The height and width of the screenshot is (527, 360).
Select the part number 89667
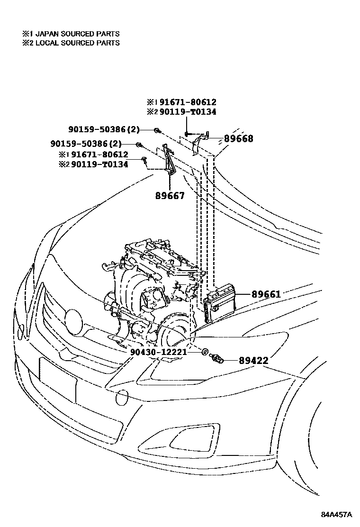click(170, 195)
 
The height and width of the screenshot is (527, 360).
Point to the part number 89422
click(253, 361)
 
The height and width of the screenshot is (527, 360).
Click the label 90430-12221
click(158, 352)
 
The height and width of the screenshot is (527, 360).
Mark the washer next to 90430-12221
click(205, 352)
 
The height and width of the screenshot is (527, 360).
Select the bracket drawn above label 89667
click(168, 161)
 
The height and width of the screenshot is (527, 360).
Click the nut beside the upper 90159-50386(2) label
click(157, 129)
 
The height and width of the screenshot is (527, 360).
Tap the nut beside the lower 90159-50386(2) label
click(138, 144)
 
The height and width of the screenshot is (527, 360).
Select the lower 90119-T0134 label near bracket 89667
click(93, 164)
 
